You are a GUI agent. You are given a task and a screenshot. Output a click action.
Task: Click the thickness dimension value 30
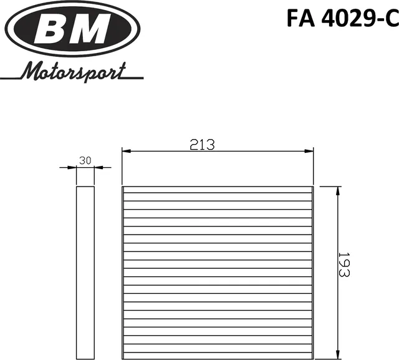pos(85,161)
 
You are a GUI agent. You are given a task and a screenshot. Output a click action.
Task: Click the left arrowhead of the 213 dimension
pos(125,151)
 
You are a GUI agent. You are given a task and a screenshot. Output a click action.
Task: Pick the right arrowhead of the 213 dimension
pos(309,151)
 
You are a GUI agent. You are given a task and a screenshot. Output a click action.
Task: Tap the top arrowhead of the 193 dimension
pos(337,190)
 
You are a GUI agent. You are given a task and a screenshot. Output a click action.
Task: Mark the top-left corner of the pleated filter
pos(122,187)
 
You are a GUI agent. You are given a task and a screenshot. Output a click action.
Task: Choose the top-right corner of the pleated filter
pos(312,187)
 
